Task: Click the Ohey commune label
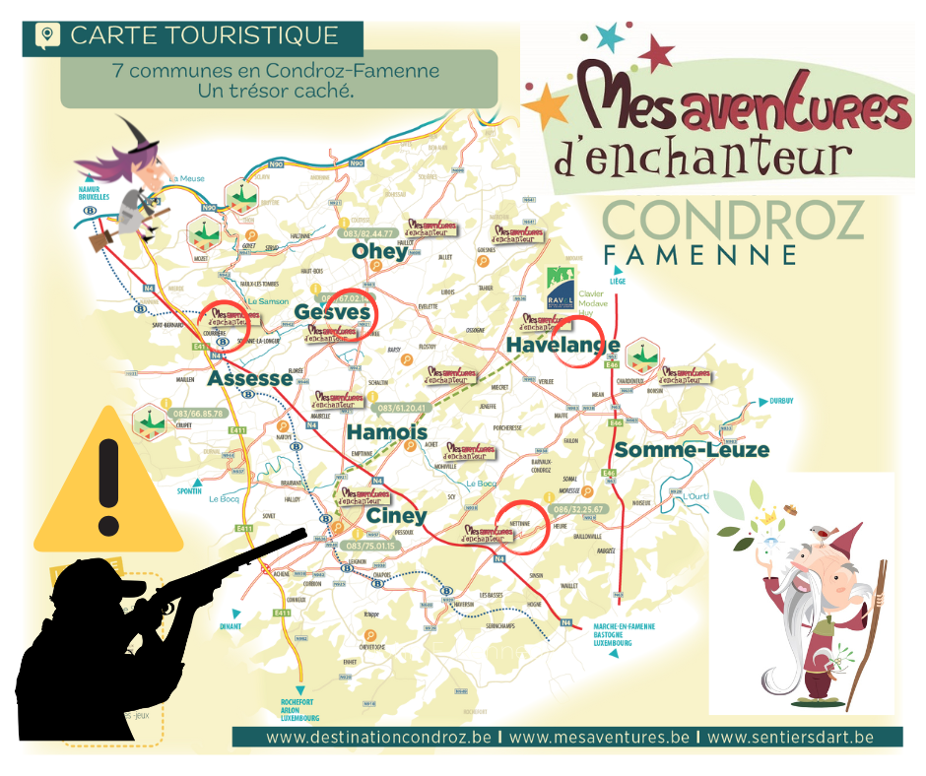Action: [x=379, y=252]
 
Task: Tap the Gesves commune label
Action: [x=332, y=313]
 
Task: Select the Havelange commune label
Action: [x=562, y=345]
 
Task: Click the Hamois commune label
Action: [x=386, y=432]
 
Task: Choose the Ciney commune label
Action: [x=396, y=516]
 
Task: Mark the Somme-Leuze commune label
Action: [x=692, y=450]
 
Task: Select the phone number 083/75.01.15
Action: [x=370, y=546]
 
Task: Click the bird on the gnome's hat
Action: [x=816, y=532]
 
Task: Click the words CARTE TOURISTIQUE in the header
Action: [x=205, y=36]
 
